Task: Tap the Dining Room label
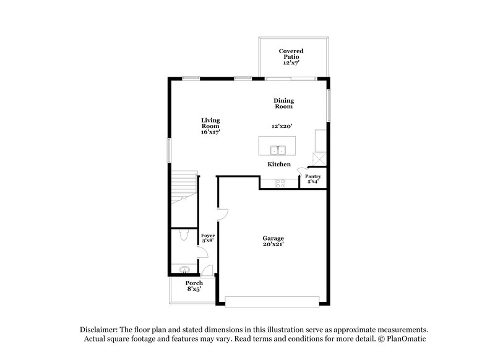pyautogui.click(x=284, y=103)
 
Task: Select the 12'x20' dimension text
pyautogui.click(x=281, y=126)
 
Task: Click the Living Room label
pyautogui.click(x=210, y=126)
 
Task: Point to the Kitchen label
pyautogui.click(x=278, y=165)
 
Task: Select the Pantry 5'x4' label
pyautogui.click(x=313, y=179)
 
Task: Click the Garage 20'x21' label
pyautogui.click(x=272, y=241)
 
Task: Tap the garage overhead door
pyautogui.click(x=272, y=301)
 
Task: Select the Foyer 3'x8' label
pyautogui.click(x=207, y=239)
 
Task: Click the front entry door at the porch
pyautogui.click(x=208, y=270)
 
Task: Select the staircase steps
pyautogui.click(x=183, y=184)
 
